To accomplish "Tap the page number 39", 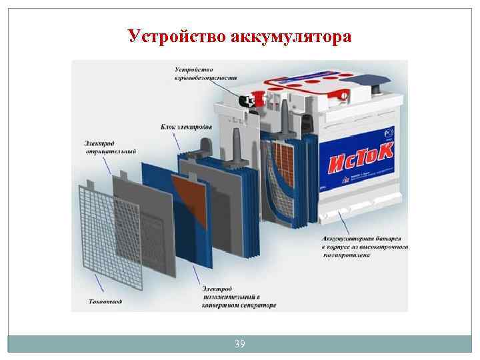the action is point(240,344).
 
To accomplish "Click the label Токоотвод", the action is point(105,301).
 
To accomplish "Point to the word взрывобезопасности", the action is point(205,78).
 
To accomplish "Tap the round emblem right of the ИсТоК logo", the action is point(389,131).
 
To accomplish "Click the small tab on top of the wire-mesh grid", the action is point(99,178).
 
